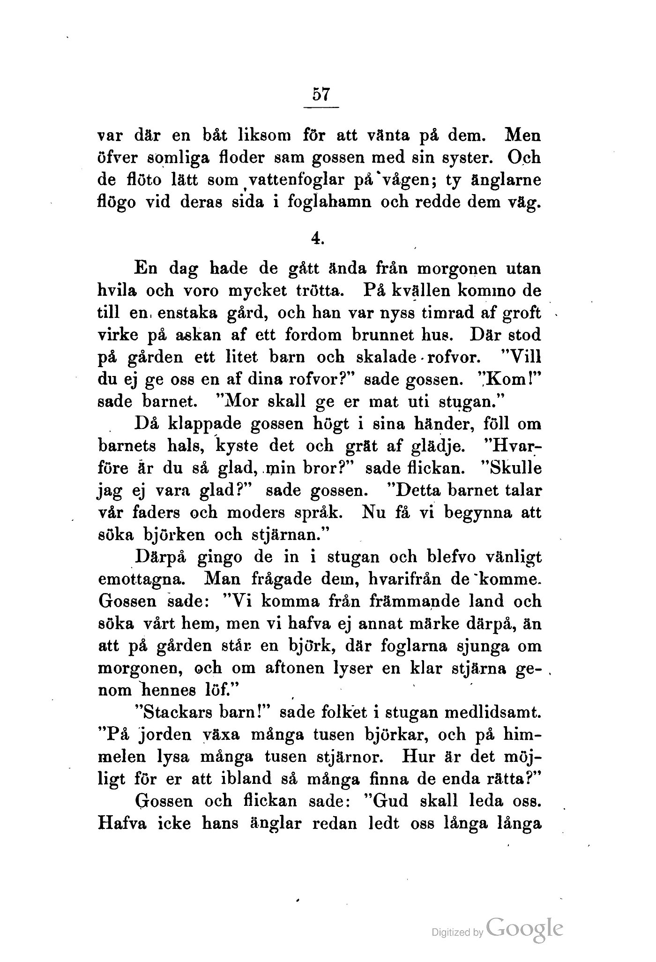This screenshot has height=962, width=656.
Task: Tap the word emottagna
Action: [x=145, y=579]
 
